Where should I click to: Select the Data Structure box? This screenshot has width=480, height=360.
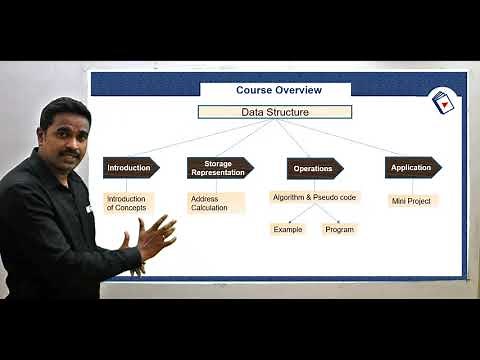click(x=274, y=112)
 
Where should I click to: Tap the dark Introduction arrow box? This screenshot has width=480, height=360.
click(x=130, y=168)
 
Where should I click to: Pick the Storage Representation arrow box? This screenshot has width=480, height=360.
click(x=219, y=168)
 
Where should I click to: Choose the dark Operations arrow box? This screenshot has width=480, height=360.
click(x=314, y=168)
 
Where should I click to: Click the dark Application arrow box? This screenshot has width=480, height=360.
click(x=412, y=168)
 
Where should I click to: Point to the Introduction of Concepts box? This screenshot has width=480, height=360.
click(x=128, y=203)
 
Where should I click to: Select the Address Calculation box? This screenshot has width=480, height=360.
click(x=215, y=203)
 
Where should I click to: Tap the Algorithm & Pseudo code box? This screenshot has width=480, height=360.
click(x=314, y=197)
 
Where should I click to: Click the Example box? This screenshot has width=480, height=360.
click(x=288, y=229)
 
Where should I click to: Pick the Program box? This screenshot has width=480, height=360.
click(x=339, y=229)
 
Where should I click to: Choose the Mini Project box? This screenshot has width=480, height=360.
click(x=412, y=201)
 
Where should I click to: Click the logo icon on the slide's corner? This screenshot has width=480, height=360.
click(x=443, y=102)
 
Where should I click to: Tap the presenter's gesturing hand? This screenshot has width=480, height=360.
click(x=155, y=238)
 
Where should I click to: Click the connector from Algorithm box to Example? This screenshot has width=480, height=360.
click(x=298, y=213)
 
